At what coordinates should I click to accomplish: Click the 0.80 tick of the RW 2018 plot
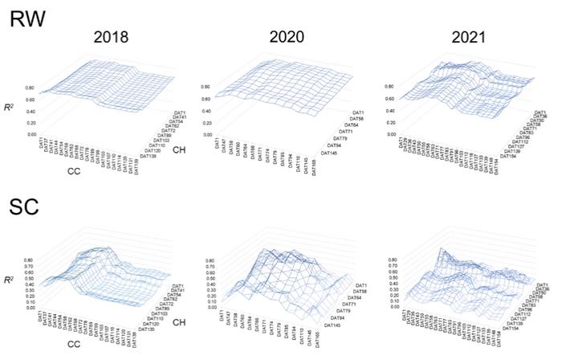point(30,89)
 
